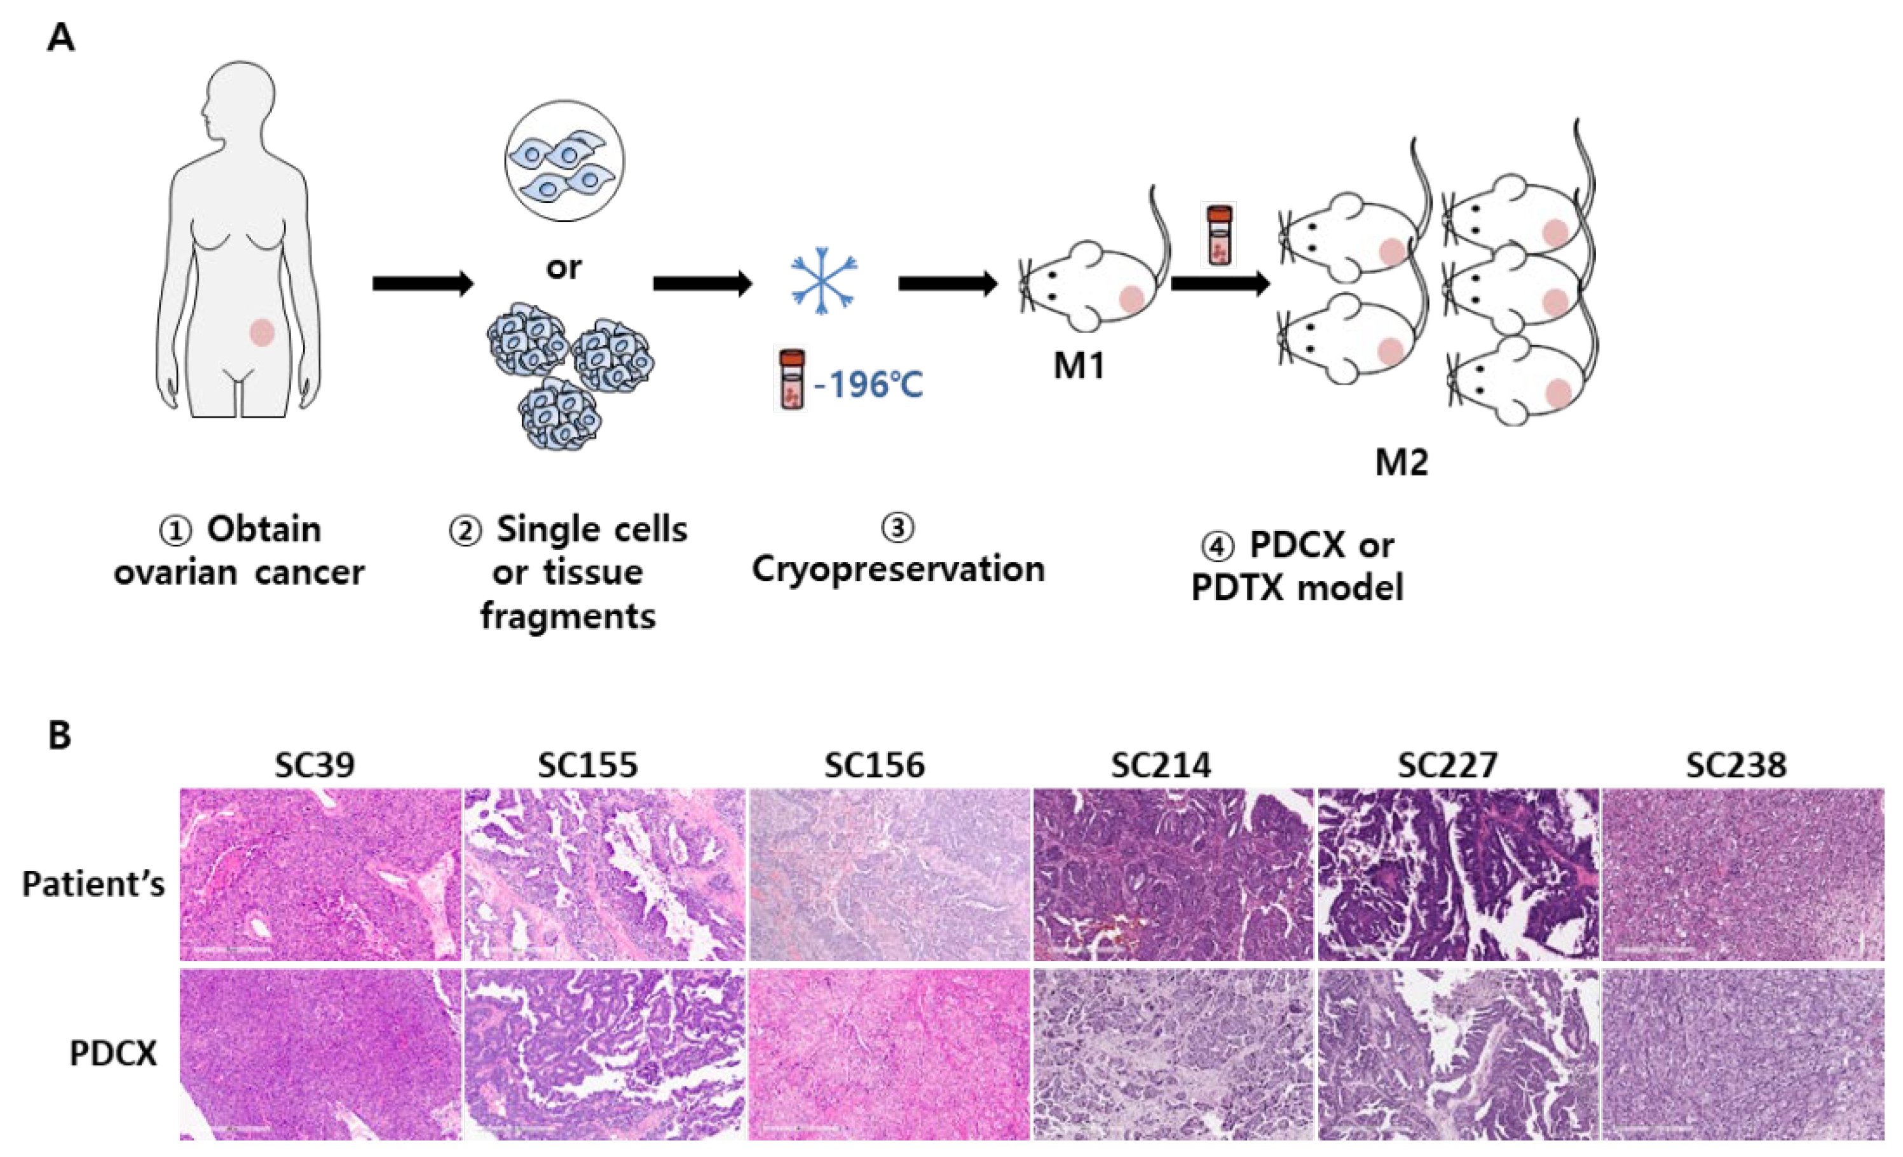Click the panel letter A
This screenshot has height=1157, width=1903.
[61, 37]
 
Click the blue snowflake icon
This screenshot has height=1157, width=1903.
[823, 280]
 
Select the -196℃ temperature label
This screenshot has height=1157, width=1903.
[868, 384]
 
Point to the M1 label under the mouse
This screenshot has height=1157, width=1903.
[1079, 366]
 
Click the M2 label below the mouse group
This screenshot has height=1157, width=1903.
[1402, 463]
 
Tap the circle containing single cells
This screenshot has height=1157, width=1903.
[564, 160]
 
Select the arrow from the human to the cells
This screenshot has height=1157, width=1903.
[421, 284]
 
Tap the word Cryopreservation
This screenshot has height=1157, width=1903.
[898, 569]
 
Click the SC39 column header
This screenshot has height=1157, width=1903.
[315, 765]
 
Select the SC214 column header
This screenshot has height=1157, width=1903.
[1161, 765]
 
